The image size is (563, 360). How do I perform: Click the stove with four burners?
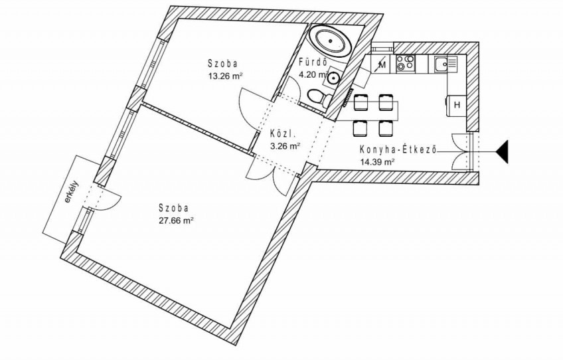tap(406, 64)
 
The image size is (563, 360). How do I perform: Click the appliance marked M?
tap(382, 64)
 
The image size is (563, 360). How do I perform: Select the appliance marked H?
tap(456, 105)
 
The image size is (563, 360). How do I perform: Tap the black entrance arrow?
tap(503, 152)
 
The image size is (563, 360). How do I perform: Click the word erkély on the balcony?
tap(72, 195)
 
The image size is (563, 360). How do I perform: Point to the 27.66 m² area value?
tap(177, 221)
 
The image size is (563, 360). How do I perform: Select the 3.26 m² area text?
tap(285, 146)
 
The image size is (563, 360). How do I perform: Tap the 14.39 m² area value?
tap(377, 161)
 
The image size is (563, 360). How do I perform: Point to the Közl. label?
tap(283, 134)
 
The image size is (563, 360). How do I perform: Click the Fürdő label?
tap(313, 62)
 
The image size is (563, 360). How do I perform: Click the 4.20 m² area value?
tap(314, 75)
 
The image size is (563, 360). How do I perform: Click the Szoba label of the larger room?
tap(173, 208)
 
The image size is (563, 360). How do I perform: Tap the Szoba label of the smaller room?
tap(222, 64)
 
